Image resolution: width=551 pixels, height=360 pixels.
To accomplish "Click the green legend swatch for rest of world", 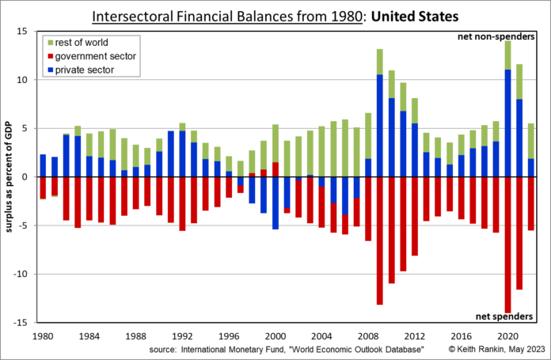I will [x=51, y=42].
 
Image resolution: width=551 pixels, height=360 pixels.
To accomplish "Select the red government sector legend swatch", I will [x=51, y=55].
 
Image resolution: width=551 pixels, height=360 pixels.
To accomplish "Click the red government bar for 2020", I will [x=507, y=244].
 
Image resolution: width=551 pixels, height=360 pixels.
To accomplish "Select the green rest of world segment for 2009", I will [x=380, y=62].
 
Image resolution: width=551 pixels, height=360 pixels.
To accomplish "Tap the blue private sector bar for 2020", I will [x=507, y=123].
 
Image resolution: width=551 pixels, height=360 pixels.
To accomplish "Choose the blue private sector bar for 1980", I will [x=43, y=165].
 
